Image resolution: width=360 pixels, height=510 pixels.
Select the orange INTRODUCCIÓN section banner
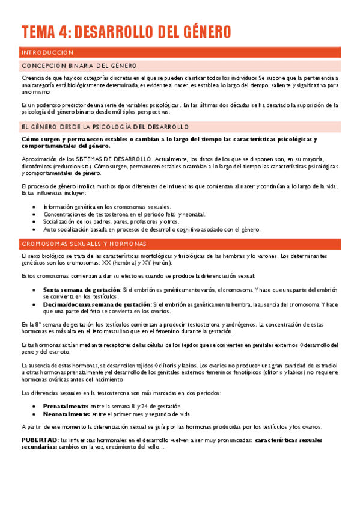coord(180,52)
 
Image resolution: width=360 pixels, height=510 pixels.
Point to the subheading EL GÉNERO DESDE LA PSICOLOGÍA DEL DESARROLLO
coord(105,127)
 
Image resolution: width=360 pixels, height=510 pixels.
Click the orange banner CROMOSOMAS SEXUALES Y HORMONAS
coord(180,244)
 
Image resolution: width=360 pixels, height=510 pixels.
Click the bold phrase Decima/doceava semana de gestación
coord(97,304)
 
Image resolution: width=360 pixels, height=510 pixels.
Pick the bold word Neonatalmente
coord(66,414)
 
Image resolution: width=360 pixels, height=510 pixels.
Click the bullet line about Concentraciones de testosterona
coord(124,214)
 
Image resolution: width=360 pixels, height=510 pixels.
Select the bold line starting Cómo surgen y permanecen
coord(168,139)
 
